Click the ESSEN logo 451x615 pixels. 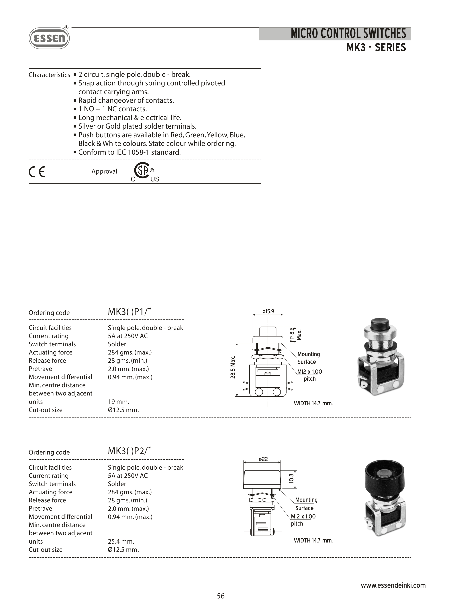(49, 38)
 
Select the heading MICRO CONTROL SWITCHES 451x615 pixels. (348, 34)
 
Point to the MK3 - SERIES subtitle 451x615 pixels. (376, 48)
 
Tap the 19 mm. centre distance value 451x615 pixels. (118, 401)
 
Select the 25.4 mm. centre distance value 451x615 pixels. (121, 541)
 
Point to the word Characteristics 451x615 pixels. (49, 75)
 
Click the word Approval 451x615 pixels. (104, 171)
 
